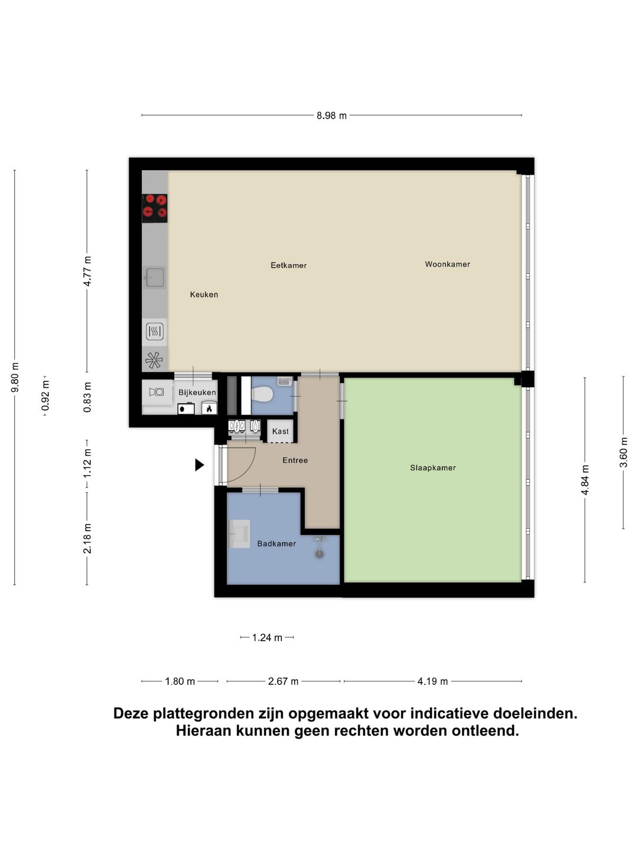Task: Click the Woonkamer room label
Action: tap(447, 264)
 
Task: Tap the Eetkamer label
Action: tap(288, 265)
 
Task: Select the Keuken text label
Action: tap(204, 294)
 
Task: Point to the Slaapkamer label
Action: tap(432, 467)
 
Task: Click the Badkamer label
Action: tap(276, 544)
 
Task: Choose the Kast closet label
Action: tap(281, 431)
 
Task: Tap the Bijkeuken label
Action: tap(197, 392)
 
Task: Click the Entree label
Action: tap(295, 460)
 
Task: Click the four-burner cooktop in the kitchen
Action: tap(155, 207)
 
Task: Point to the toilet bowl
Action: tap(262, 394)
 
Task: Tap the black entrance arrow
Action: tap(199, 465)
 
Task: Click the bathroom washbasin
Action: tap(240, 534)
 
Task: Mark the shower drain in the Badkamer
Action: tap(320, 554)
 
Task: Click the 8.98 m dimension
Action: tap(331, 116)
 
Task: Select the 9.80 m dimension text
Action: tap(15, 377)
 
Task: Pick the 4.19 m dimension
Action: tap(432, 681)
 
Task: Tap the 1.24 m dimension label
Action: tap(267, 638)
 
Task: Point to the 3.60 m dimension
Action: tap(624, 453)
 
